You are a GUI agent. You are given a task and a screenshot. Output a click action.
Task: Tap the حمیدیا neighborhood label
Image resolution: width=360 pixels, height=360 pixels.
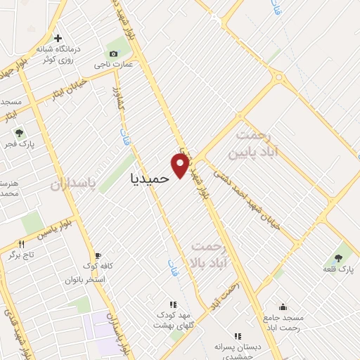pyautogui.click(x=150, y=179)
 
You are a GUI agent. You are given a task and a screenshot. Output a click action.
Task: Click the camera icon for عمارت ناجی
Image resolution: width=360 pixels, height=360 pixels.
pyautogui.click(x=113, y=54)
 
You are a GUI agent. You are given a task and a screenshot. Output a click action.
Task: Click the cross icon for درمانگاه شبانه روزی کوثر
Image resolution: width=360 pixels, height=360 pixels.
pyautogui.click(x=58, y=39)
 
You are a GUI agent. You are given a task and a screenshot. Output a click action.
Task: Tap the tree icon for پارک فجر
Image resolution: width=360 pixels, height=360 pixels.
pyautogui.click(x=19, y=132)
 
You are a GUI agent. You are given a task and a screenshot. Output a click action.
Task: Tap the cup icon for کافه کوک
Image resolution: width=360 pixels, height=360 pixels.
pyautogui.click(x=98, y=255)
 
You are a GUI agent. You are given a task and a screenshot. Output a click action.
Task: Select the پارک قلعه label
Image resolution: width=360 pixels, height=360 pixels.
pyautogui.click(x=338, y=269)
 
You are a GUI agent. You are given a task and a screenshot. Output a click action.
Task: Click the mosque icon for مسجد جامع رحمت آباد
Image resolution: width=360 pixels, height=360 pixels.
pyautogui.click(x=283, y=307)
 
